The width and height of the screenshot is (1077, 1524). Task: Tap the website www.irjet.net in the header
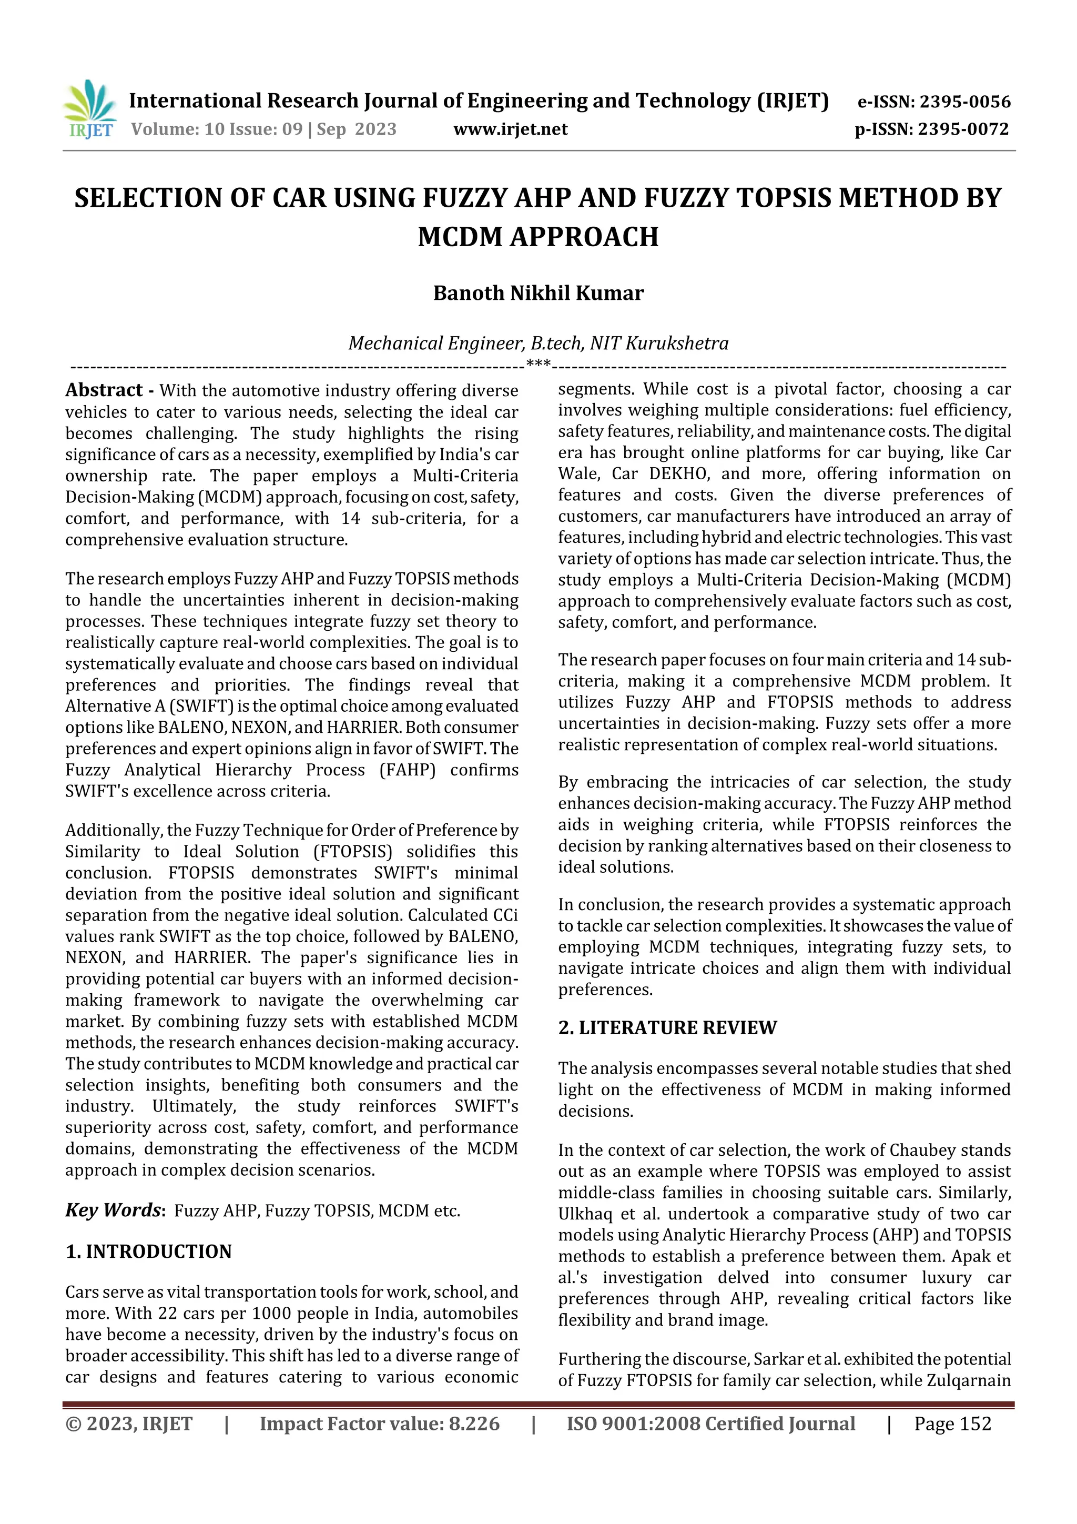pos(510,129)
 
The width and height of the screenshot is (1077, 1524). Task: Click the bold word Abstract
pos(104,390)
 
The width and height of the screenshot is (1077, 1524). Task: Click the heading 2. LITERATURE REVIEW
pos(667,1027)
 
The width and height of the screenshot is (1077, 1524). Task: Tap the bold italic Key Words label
pos(114,1210)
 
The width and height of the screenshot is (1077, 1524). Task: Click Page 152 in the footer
pos(952,1424)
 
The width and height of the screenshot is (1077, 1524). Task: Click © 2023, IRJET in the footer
pos(129,1424)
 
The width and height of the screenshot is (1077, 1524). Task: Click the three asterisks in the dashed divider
pos(538,364)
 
